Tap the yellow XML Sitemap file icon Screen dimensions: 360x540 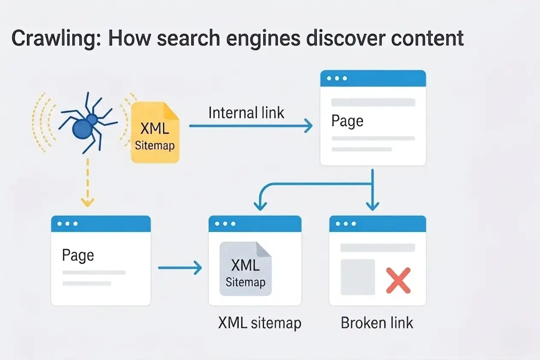click(x=155, y=133)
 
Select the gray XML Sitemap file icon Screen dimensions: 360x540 click(x=245, y=269)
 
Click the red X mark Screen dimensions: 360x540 click(x=398, y=280)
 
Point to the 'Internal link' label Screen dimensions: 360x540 click(x=246, y=113)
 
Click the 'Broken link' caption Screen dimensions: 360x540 click(x=377, y=323)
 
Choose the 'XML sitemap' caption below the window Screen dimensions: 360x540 click(x=259, y=323)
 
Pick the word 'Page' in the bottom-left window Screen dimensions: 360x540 click(x=78, y=255)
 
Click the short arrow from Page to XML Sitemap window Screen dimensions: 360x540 click(x=179, y=268)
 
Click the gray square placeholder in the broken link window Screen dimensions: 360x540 click(x=358, y=277)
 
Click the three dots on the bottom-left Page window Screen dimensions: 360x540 click(x=68, y=224)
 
